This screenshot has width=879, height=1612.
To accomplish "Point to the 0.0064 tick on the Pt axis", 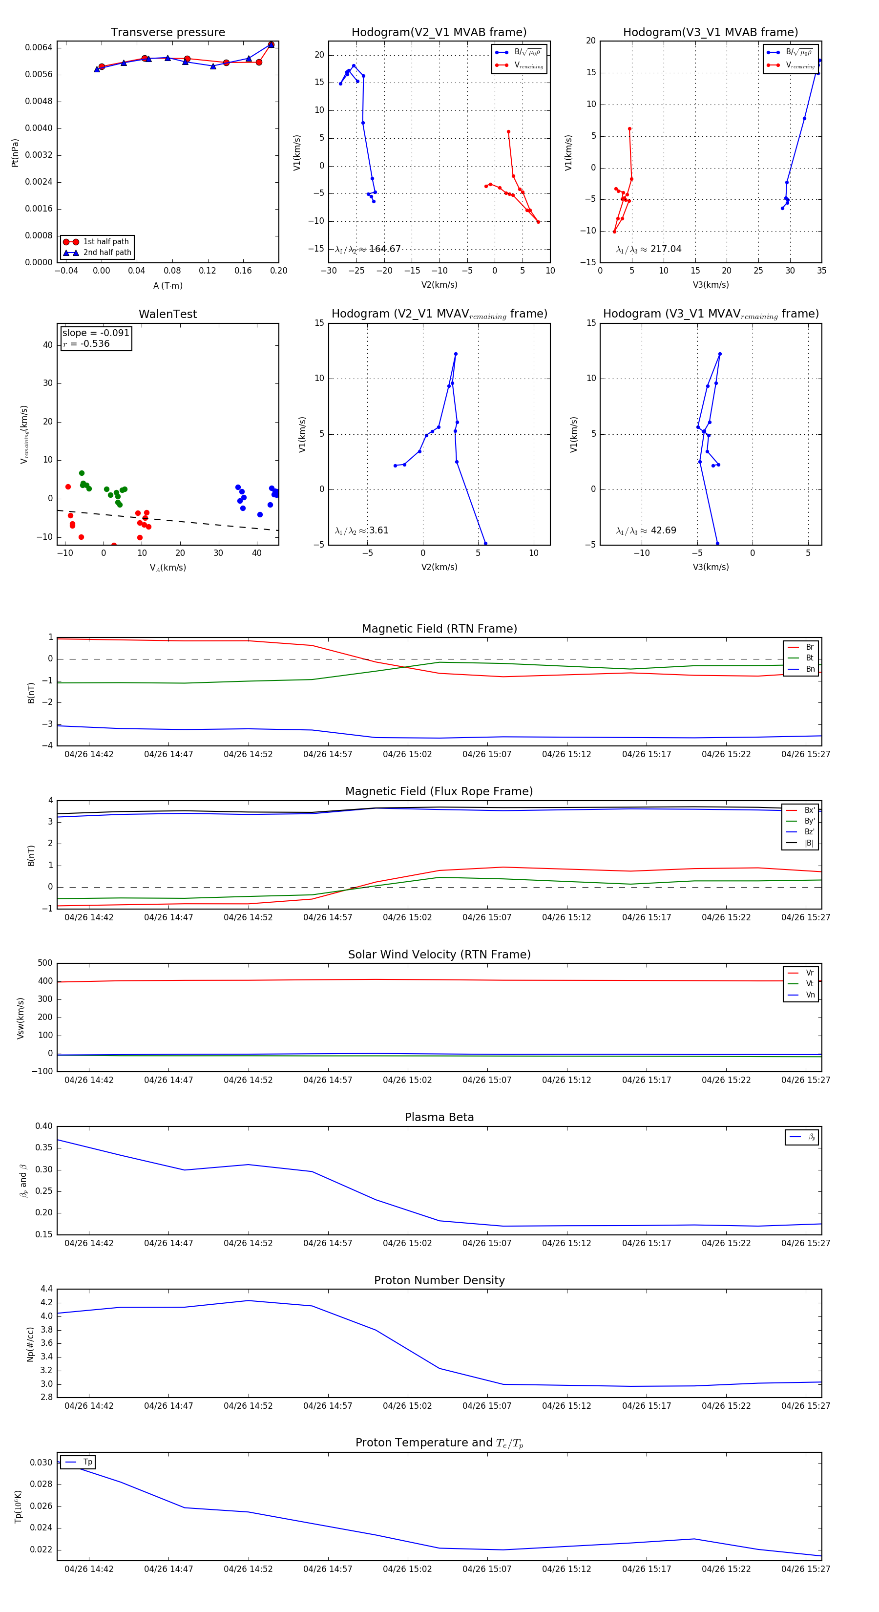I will (38, 47).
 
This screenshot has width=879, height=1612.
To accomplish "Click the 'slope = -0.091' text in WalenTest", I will (96, 333).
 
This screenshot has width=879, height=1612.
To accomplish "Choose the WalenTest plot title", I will (167, 314).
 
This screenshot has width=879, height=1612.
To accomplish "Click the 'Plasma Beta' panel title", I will (439, 1118).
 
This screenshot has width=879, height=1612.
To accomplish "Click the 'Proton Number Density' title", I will (439, 1280).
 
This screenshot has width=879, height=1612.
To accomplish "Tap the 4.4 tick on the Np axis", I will (46, 1289).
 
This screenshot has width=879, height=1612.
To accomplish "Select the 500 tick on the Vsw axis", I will (45, 963).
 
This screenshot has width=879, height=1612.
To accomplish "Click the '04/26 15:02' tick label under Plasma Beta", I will (407, 1243).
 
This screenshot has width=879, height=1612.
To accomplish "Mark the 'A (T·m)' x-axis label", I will (167, 286).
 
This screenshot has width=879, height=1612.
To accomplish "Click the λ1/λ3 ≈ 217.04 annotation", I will (649, 249).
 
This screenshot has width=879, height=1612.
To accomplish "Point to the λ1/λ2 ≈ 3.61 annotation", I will (361, 530).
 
